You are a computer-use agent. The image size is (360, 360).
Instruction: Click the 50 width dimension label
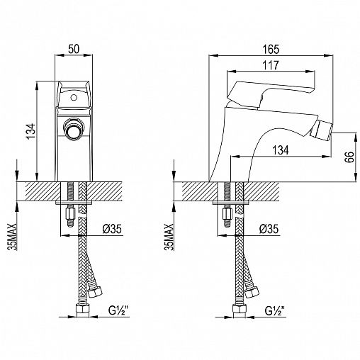[74, 49]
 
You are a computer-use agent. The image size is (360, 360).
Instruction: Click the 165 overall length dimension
[271, 49]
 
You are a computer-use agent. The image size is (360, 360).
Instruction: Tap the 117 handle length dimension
[271, 65]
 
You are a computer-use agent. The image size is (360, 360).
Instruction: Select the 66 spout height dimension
[349, 157]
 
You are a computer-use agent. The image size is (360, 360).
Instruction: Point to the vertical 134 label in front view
[31, 131]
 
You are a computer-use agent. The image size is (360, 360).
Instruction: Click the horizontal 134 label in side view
[281, 150]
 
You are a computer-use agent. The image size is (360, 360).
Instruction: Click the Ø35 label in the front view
[112, 229]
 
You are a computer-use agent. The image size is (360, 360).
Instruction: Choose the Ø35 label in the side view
[269, 229]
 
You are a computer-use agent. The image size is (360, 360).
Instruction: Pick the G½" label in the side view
[275, 310]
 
